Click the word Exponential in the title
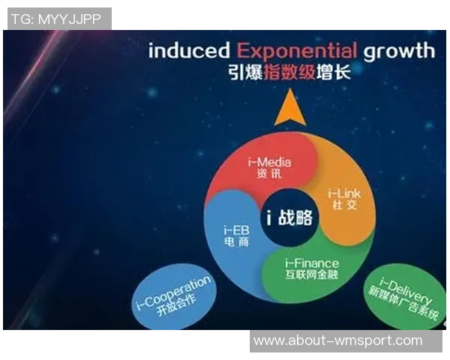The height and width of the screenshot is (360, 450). tap(297, 51)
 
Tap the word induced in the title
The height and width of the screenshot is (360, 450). tap(190, 51)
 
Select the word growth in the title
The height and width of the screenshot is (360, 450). tap(399, 52)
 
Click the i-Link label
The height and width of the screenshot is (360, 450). tap(345, 194)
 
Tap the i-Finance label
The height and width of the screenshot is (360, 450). tap(312, 262)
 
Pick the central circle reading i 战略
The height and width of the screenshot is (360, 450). tap(289, 218)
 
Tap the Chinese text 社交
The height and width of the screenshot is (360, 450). tap(345, 206)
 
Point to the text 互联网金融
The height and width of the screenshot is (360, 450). tap(312, 274)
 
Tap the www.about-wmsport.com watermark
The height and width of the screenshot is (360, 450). tap(337, 340)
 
